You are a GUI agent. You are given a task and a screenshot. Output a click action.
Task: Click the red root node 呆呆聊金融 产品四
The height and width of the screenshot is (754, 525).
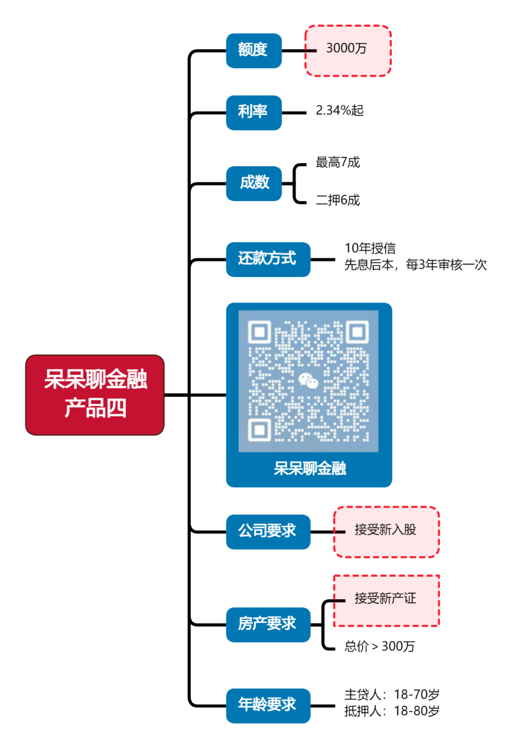[95, 395]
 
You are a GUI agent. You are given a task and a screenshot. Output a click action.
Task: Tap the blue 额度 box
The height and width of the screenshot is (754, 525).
[254, 50]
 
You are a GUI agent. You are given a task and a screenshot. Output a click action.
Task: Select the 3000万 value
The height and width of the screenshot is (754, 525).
[347, 48]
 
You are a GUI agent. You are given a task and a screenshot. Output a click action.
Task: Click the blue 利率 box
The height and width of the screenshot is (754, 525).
[254, 112]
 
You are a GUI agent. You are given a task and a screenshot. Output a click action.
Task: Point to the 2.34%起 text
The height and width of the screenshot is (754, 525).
[339, 110]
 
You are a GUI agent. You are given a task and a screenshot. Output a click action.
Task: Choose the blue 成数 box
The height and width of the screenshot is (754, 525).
[254, 183]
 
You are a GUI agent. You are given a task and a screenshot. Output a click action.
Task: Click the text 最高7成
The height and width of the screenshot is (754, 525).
[338, 162]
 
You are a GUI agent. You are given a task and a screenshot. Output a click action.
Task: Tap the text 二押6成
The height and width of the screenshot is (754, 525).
[338, 200]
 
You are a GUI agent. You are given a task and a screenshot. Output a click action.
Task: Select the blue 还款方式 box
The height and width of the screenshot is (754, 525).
[268, 259]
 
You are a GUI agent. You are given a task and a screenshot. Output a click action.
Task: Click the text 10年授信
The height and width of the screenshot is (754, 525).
[370, 248]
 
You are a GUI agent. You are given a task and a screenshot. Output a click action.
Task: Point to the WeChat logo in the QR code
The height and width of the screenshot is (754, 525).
[308, 380]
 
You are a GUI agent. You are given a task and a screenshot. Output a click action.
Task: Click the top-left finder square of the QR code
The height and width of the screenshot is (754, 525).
[260, 332]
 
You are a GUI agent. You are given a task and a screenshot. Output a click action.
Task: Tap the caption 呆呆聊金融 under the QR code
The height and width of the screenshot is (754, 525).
[310, 468]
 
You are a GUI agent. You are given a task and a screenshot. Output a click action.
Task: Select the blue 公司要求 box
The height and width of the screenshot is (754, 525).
[268, 532]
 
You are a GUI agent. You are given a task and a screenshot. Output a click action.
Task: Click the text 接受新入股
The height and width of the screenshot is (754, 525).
[385, 529]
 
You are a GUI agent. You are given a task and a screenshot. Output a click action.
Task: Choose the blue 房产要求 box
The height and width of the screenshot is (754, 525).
[268, 625]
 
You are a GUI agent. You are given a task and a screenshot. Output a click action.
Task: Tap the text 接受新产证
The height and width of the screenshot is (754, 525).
[385, 598]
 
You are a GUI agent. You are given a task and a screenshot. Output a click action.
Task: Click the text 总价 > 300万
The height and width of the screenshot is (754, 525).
[380, 646]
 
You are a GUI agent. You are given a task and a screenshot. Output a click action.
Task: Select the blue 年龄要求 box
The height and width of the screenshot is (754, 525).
[268, 705]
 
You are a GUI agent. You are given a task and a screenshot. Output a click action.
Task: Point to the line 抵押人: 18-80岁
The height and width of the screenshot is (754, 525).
[392, 711]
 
